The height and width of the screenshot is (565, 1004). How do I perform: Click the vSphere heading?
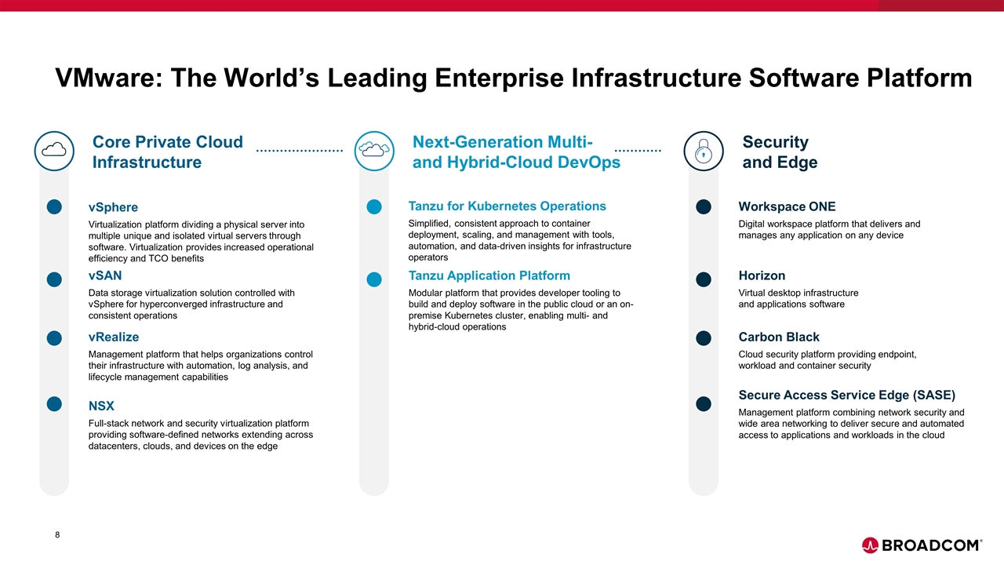point(113,207)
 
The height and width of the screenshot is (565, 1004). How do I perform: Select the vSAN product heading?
point(105,275)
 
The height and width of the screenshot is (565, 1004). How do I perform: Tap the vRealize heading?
point(114,337)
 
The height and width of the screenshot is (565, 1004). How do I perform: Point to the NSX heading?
point(101,406)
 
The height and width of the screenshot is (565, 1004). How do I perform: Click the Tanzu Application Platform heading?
point(489,275)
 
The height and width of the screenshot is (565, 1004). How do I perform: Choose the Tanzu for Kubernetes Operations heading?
point(507,206)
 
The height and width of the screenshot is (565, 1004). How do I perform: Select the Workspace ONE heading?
point(787,206)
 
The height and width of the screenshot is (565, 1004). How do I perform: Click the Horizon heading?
point(762,275)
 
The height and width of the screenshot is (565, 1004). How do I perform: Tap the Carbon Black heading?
point(779,337)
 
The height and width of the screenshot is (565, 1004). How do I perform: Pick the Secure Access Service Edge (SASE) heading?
point(847,395)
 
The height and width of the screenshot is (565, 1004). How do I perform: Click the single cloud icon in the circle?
point(54,150)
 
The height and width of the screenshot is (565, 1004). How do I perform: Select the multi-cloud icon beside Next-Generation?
point(374,149)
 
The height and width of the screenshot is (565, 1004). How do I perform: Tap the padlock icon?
point(704,151)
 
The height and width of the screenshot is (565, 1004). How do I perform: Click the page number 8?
point(57,534)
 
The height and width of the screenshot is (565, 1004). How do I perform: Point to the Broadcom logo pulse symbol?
point(870,545)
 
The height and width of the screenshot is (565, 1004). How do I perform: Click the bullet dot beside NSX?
point(54,404)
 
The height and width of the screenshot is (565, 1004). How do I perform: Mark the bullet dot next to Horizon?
point(704,279)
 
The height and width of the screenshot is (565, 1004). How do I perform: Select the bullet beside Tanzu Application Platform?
point(374,279)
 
